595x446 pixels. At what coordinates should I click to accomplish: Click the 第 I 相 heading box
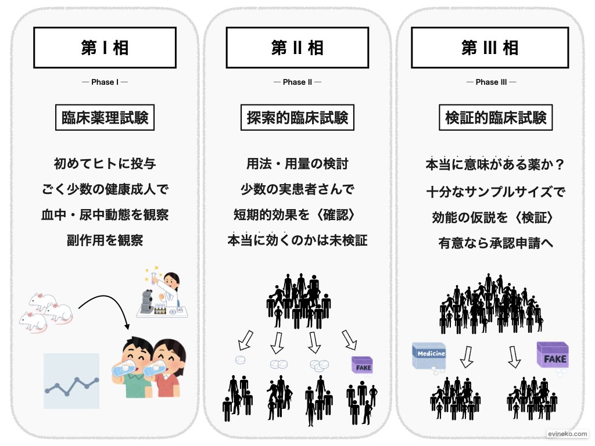(105, 48)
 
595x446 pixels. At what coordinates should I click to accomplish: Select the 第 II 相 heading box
(297, 48)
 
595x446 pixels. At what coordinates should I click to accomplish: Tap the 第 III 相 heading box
(490, 48)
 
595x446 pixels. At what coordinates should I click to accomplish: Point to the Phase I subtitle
(105, 82)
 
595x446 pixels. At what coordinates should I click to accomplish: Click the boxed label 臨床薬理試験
(105, 118)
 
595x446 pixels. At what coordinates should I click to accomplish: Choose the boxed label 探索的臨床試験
(297, 118)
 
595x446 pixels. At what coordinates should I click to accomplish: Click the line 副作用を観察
(105, 240)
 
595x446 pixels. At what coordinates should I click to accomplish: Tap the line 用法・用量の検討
(297, 164)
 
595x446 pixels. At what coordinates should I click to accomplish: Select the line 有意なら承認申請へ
(496, 243)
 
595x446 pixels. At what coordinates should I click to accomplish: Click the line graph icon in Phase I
(71, 381)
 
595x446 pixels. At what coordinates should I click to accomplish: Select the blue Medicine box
(429, 355)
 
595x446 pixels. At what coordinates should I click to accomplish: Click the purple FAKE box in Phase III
(552, 356)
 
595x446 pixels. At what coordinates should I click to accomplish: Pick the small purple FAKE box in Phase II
(362, 365)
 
